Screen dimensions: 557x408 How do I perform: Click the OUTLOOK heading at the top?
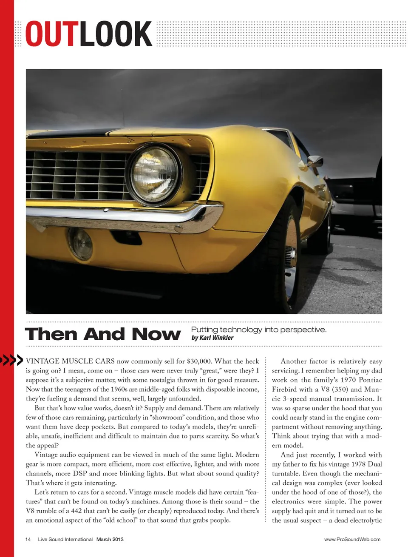coord(88,34)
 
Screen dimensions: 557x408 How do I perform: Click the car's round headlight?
coord(154,174)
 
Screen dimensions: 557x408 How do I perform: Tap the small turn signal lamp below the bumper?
coord(80,244)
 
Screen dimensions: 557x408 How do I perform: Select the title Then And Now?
coord(102,334)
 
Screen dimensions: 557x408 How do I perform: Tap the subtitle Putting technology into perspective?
coord(258,330)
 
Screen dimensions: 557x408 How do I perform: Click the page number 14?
coord(28,540)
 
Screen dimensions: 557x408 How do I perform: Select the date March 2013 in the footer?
coord(110,540)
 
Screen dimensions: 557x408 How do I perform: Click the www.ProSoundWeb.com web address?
coord(352,540)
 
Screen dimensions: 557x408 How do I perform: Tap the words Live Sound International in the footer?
coord(65,540)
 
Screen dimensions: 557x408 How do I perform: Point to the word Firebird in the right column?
coord(286,389)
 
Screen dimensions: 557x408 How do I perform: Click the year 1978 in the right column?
coord(358,464)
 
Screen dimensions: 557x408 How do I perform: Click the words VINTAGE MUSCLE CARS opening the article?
coord(70,361)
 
